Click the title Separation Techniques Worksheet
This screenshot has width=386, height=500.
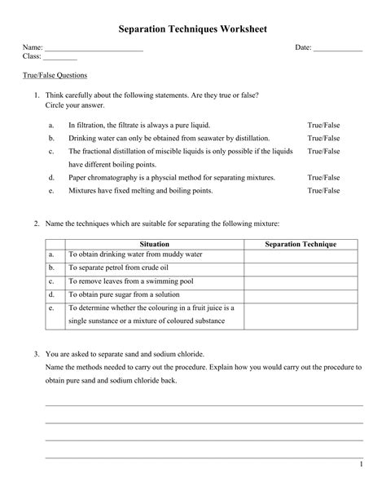pos(192,29)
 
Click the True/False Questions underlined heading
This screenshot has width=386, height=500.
pos(55,75)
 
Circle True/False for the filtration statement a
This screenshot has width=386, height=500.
pos(323,126)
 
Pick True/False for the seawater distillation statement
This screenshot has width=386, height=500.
pos(323,139)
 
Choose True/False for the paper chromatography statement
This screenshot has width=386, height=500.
pos(323,177)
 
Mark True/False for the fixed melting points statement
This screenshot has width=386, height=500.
pos(323,190)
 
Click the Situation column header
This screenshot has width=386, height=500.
pos(155,244)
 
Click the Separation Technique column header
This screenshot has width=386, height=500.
pos(301,244)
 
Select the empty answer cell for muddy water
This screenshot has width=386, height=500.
pos(301,254)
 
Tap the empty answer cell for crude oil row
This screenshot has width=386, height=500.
pos(301,268)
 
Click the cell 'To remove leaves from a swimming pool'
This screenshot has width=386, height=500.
pos(129,281)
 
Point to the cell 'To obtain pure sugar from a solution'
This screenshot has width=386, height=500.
pos(125,294)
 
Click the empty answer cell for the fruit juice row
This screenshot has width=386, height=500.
pos(301,315)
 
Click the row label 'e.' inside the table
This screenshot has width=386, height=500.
pos(51,308)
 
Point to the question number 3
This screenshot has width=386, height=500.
pos(37,355)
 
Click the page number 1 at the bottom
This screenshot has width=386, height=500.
pos(360,464)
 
